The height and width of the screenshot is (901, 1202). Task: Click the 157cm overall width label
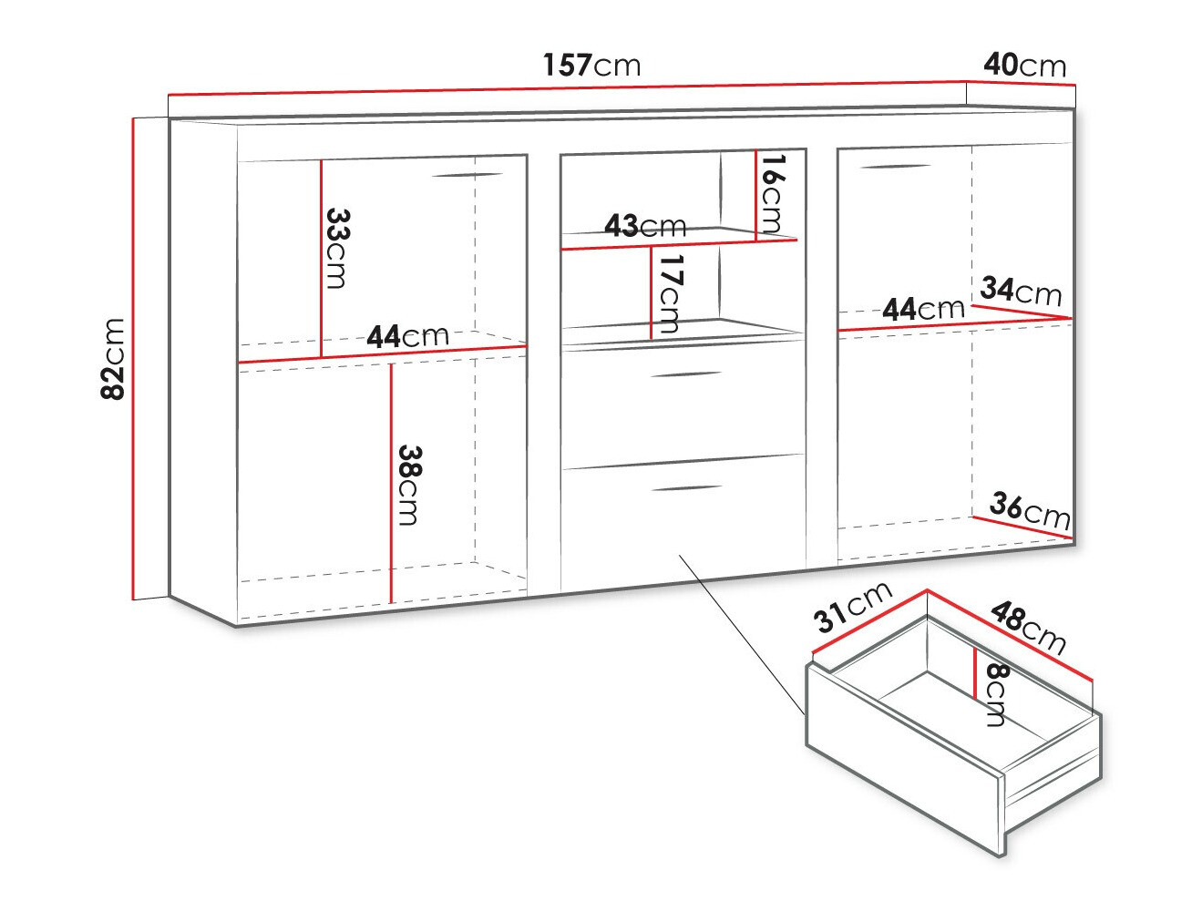tap(591, 65)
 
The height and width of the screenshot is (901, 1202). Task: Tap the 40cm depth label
tap(1024, 66)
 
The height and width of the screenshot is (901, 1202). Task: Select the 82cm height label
tap(113, 359)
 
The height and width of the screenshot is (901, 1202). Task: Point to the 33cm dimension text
tap(337, 248)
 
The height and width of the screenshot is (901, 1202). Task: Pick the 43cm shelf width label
tap(645, 226)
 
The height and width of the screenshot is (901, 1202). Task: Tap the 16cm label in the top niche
tap(772, 193)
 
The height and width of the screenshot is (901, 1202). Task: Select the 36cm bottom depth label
tap(1030, 511)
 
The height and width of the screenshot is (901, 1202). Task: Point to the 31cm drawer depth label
tap(852, 607)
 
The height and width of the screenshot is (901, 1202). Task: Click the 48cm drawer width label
tap(1028, 628)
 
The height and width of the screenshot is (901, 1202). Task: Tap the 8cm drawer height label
tap(995, 694)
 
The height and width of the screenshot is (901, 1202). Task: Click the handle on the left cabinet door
tap(467, 175)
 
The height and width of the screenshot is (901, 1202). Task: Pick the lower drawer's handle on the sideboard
tap(687, 487)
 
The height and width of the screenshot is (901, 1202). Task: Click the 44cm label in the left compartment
tap(407, 336)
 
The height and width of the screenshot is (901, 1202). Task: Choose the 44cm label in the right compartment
tap(923, 309)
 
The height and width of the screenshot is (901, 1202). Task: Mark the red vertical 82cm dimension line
tap(133, 359)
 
